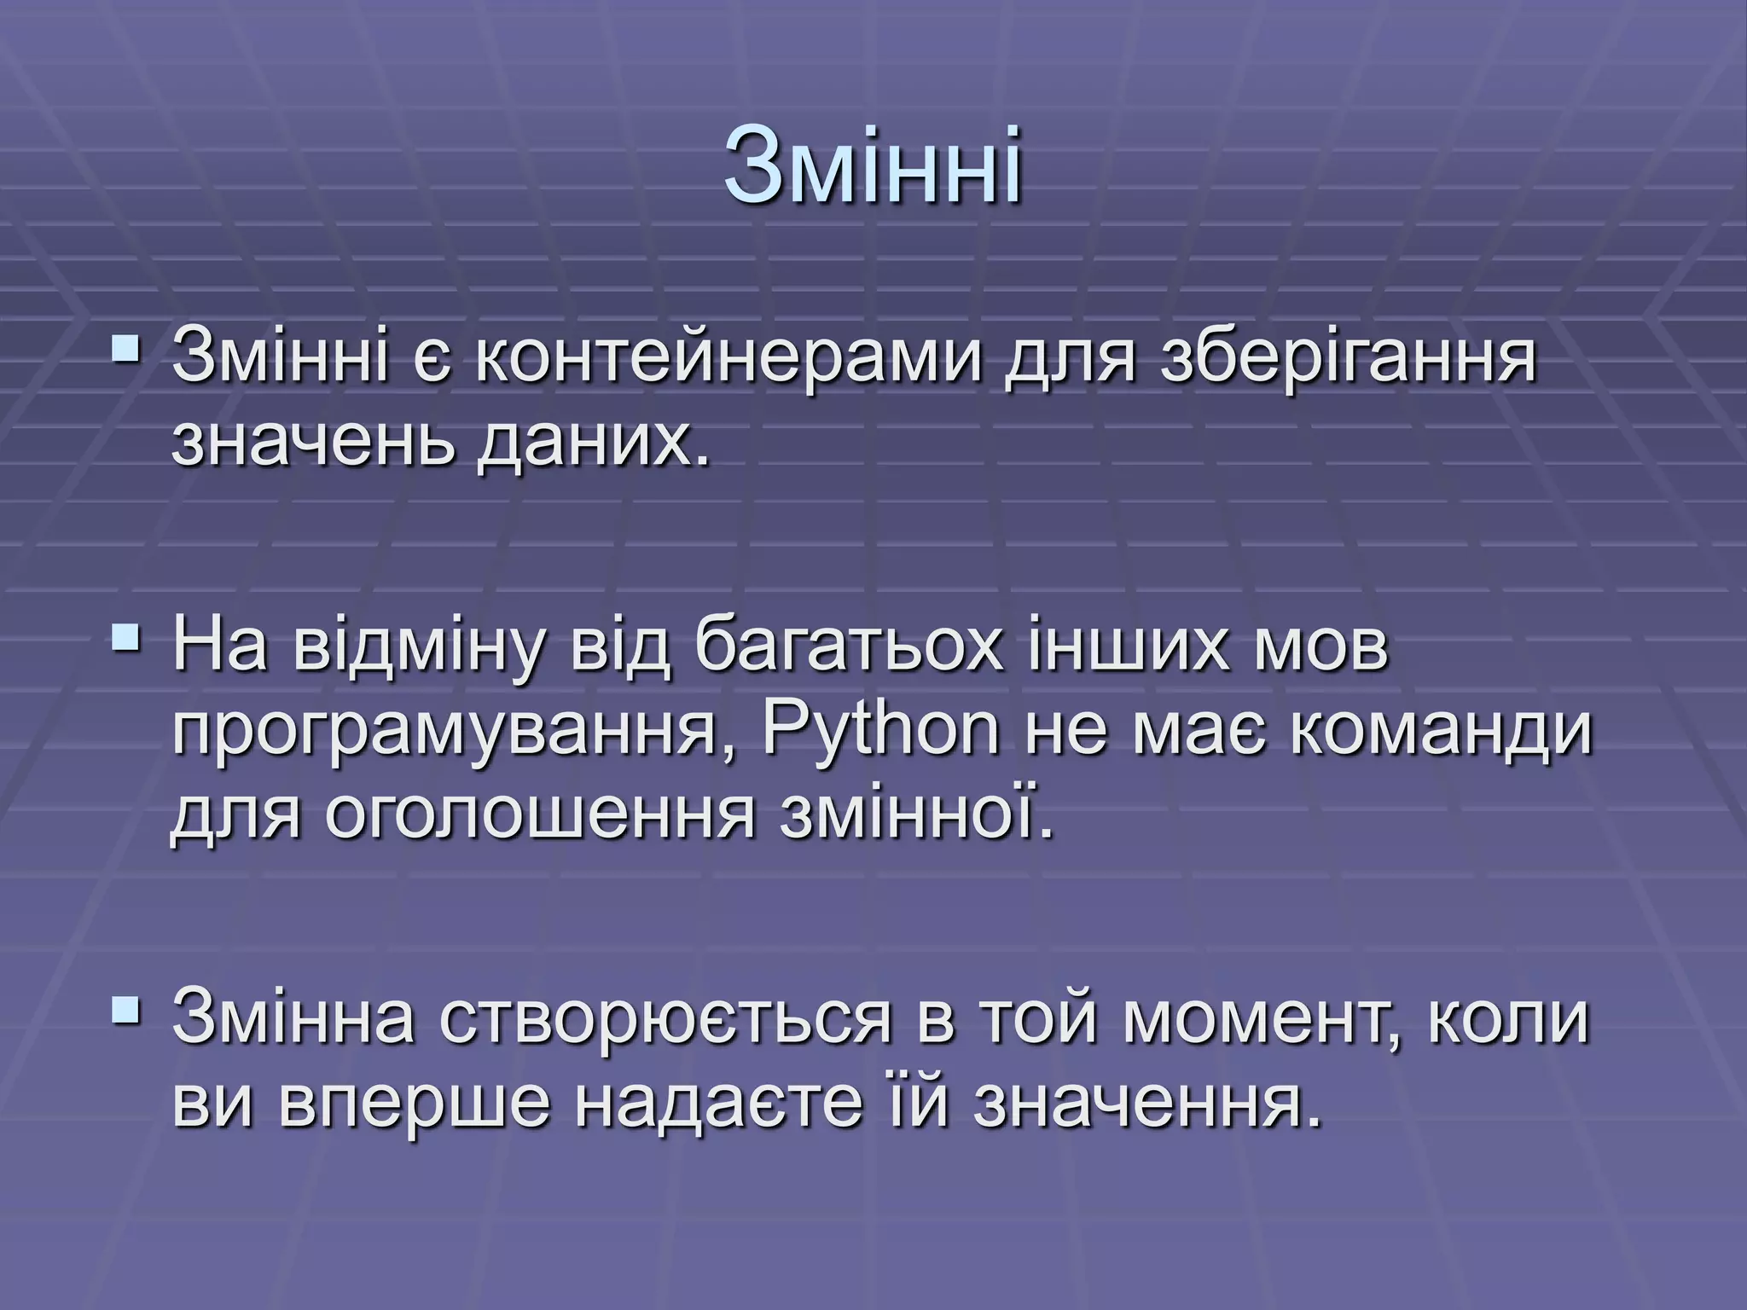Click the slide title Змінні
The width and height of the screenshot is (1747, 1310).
coord(873,166)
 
